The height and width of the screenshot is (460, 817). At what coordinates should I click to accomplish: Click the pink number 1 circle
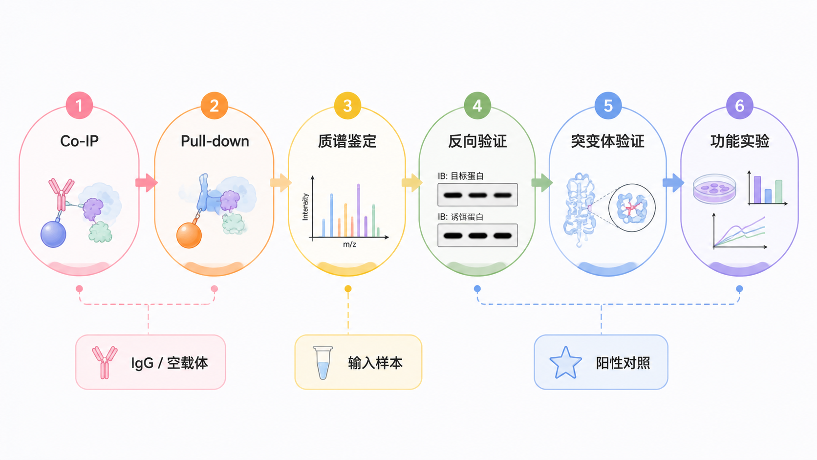[79, 106]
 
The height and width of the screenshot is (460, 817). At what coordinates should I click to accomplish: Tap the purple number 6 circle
[739, 106]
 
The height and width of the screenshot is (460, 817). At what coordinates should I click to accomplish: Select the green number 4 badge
[477, 106]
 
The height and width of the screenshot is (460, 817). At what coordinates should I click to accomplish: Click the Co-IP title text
[79, 141]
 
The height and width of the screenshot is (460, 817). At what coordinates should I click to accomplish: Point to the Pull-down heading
[215, 141]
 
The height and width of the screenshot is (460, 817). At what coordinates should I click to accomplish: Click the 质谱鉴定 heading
[347, 141]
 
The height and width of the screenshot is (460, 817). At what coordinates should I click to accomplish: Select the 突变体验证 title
[608, 141]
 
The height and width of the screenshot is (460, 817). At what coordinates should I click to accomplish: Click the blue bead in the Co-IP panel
[53, 234]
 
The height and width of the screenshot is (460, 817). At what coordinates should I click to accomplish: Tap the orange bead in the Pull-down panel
[189, 235]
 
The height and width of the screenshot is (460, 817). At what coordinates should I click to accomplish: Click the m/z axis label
[349, 244]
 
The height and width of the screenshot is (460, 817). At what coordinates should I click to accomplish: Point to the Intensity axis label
[305, 207]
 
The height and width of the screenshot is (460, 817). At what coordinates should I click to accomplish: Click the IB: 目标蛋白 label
[461, 176]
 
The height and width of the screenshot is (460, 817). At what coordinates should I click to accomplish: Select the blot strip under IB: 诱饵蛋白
[477, 235]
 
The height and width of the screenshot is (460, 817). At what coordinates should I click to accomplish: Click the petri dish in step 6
[714, 189]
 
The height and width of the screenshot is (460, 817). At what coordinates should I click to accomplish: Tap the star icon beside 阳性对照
[565, 363]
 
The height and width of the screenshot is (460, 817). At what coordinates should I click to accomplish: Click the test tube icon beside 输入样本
[323, 363]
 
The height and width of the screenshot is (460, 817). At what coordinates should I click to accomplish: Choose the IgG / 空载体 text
[169, 363]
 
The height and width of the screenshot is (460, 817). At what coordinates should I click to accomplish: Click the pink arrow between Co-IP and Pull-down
[147, 182]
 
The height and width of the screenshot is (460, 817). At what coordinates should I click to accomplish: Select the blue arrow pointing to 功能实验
[673, 182]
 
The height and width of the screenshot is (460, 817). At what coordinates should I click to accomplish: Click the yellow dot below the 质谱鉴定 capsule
[348, 289]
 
